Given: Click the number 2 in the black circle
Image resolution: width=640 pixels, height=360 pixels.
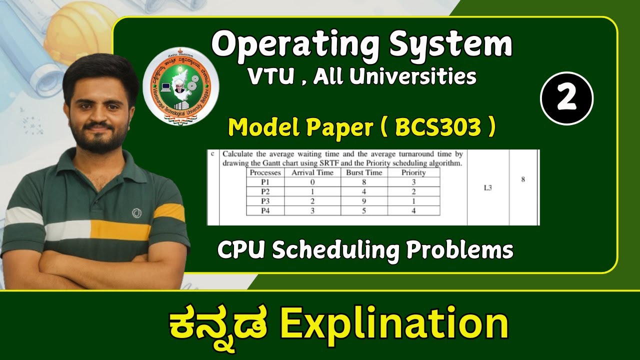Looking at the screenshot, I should pyautogui.click(x=566, y=98).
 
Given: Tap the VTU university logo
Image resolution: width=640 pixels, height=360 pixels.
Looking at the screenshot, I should pyautogui.click(x=181, y=86).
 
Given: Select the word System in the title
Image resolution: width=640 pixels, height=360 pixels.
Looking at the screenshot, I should pyautogui.click(x=451, y=44).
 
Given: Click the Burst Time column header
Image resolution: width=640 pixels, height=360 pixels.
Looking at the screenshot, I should pyautogui.click(x=363, y=172).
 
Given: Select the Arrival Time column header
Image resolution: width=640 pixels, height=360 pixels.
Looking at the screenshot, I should pyautogui.click(x=312, y=172).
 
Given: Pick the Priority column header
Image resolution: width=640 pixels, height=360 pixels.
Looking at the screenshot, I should pyautogui.click(x=413, y=172).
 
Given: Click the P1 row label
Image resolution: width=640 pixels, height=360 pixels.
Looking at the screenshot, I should pyautogui.click(x=265, y=182).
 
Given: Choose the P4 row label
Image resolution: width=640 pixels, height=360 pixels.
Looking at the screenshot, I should pyautogui.click(x=265, y=210).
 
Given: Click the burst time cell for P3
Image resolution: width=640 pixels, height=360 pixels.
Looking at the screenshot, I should pyautogui.click(x=363, y=201).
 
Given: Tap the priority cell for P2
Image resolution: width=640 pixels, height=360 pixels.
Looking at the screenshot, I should pyautogui.click(x=413, y=192).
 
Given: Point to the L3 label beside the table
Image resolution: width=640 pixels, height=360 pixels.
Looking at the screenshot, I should pyautogui.click(x=488, y=188).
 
